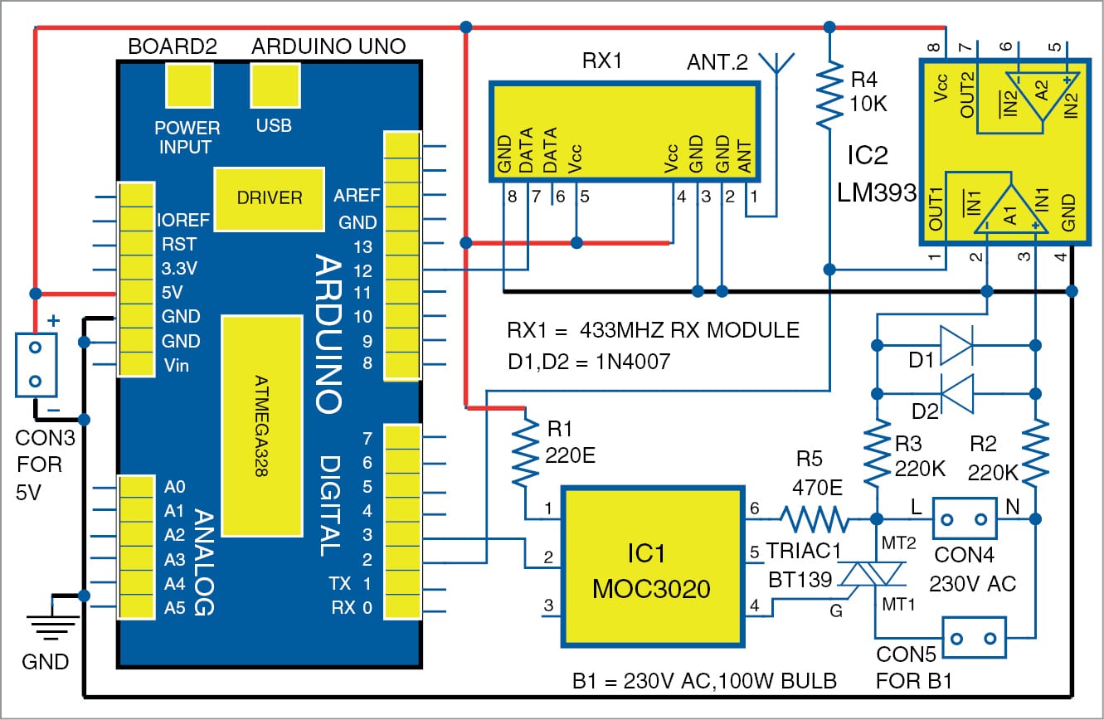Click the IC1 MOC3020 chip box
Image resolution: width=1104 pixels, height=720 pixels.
pos(652,567)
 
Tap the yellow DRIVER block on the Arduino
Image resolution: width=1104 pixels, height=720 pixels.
pos(269,198)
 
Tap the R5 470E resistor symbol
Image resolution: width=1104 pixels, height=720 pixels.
pos(815,520)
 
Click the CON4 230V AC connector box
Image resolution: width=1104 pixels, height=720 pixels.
pos(965,519)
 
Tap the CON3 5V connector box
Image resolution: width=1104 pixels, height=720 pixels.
pos(35,364)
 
